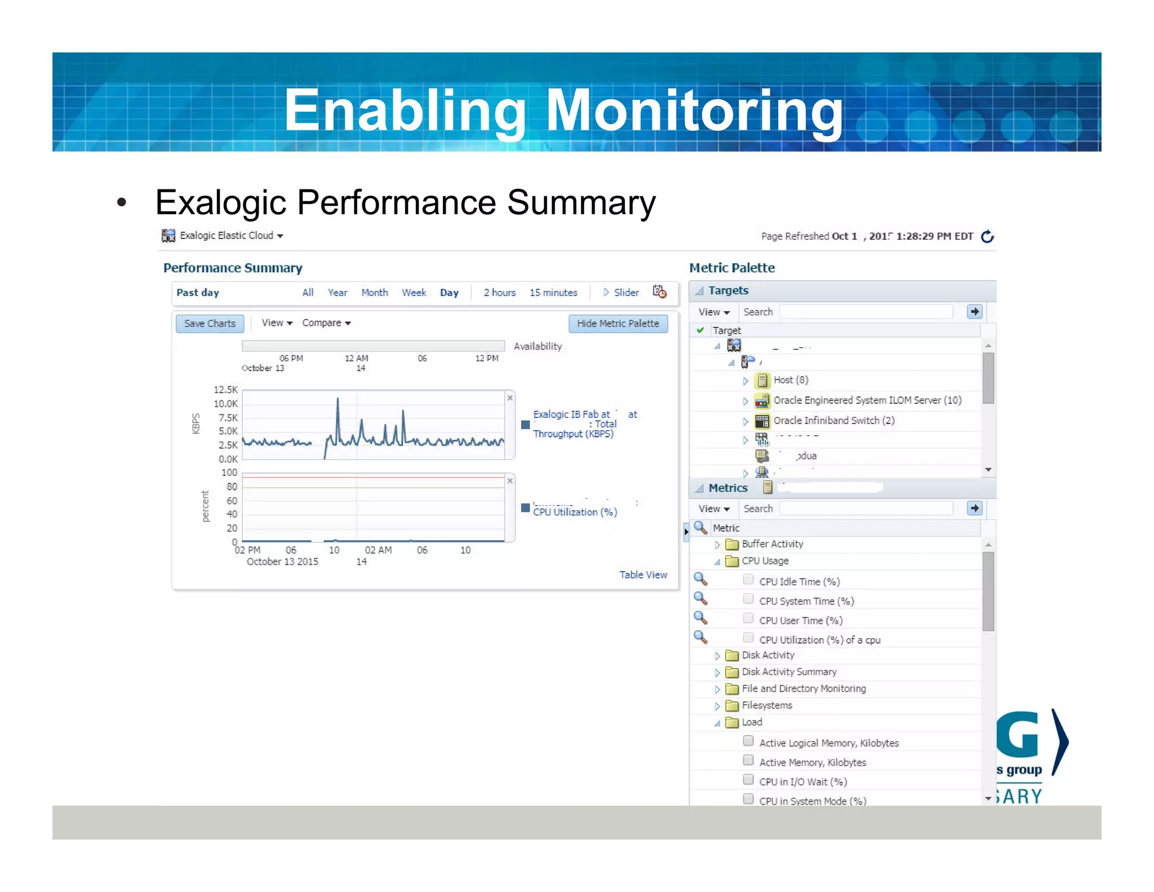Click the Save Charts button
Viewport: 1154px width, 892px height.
tap(210, 324)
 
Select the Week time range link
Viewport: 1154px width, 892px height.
tap(414, 293)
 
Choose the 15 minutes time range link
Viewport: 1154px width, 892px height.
tap(553, 293)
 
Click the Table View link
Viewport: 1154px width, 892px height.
tap(643, 575)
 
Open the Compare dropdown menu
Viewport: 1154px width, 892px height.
tap(326, 323)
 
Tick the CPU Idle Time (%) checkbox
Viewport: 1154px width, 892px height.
tap(748, 580)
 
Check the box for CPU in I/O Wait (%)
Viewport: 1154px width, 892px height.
tap(748, 780)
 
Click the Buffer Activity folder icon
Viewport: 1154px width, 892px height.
tap(732, 544)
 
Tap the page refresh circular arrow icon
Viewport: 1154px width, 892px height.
tap(987, 236)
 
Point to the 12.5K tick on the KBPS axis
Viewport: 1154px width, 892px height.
tap(225, 390)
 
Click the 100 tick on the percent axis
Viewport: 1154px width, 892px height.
tap(229, 473)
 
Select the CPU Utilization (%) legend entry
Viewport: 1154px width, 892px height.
tap(575, 512)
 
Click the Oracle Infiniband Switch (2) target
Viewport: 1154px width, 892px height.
tap(833, 421)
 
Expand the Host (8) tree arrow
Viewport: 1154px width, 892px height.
tap(745, 381)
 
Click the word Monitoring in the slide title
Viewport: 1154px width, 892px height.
tap(694, 110)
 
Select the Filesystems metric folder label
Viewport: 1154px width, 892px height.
tap(766, 705)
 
